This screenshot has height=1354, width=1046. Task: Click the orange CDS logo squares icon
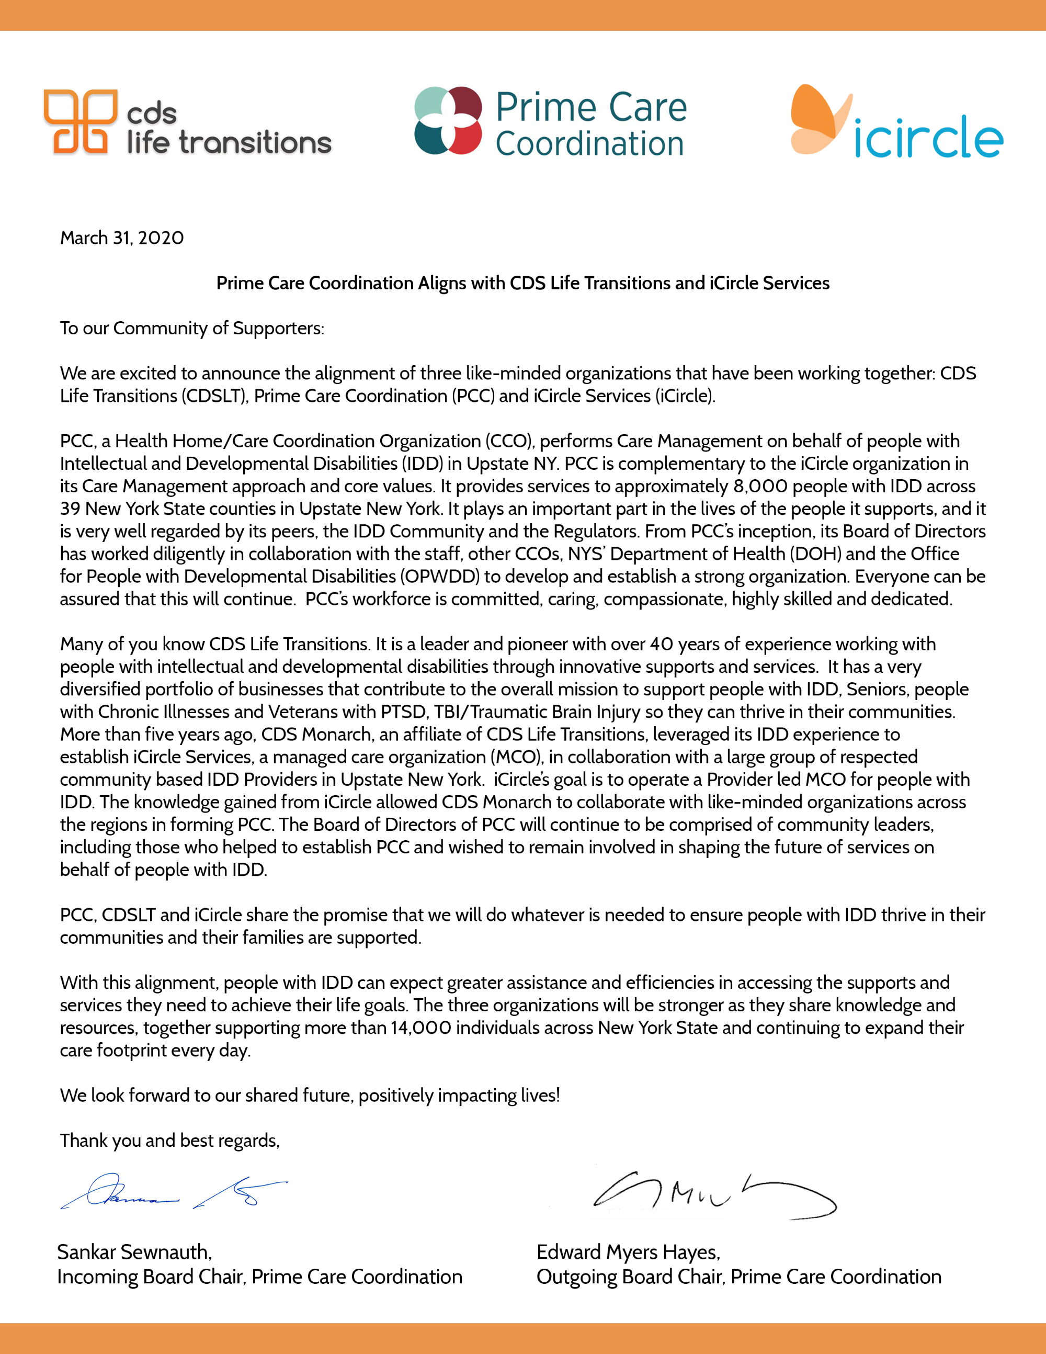[x=80, y=121]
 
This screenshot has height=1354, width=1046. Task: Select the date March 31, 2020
[x=121, y=238]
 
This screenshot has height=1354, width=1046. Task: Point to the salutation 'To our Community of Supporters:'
[x=191, y=328]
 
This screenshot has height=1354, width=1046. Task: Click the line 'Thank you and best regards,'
[x=169, y=1141]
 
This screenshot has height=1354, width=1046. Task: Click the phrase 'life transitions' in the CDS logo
[x=229, y=143]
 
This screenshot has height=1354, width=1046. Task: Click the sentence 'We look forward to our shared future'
[x=309, y=1096]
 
